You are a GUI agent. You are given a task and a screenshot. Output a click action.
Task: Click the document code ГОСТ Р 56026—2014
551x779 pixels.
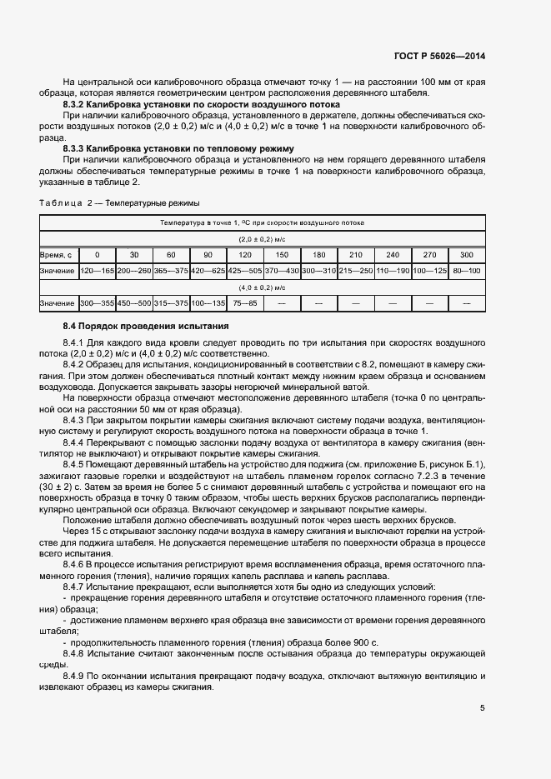pos(440,56)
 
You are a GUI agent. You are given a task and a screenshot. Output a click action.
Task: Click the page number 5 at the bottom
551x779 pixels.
pos(483,708)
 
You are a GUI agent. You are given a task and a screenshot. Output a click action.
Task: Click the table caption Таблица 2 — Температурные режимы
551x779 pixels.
pos(119,202)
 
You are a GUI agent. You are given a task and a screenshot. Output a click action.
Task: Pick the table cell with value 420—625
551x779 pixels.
pos(208,271)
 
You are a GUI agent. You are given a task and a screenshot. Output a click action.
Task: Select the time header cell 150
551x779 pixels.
pos(282,254)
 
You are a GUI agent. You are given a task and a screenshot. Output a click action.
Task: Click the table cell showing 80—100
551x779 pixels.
pos(466,271)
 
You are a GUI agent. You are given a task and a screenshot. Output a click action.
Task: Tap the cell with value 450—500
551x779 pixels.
pos(134,303)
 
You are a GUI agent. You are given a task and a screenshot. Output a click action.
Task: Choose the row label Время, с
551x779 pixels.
pos(57,254)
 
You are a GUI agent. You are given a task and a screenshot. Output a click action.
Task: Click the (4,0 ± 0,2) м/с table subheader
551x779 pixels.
pos(263,287)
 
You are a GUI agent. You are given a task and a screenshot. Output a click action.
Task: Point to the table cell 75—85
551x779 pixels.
pos(245,303)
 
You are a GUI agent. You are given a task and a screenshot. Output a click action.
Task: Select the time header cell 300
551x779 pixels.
pos(466,254)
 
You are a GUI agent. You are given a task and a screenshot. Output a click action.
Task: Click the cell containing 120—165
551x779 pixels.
pos(97,271)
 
